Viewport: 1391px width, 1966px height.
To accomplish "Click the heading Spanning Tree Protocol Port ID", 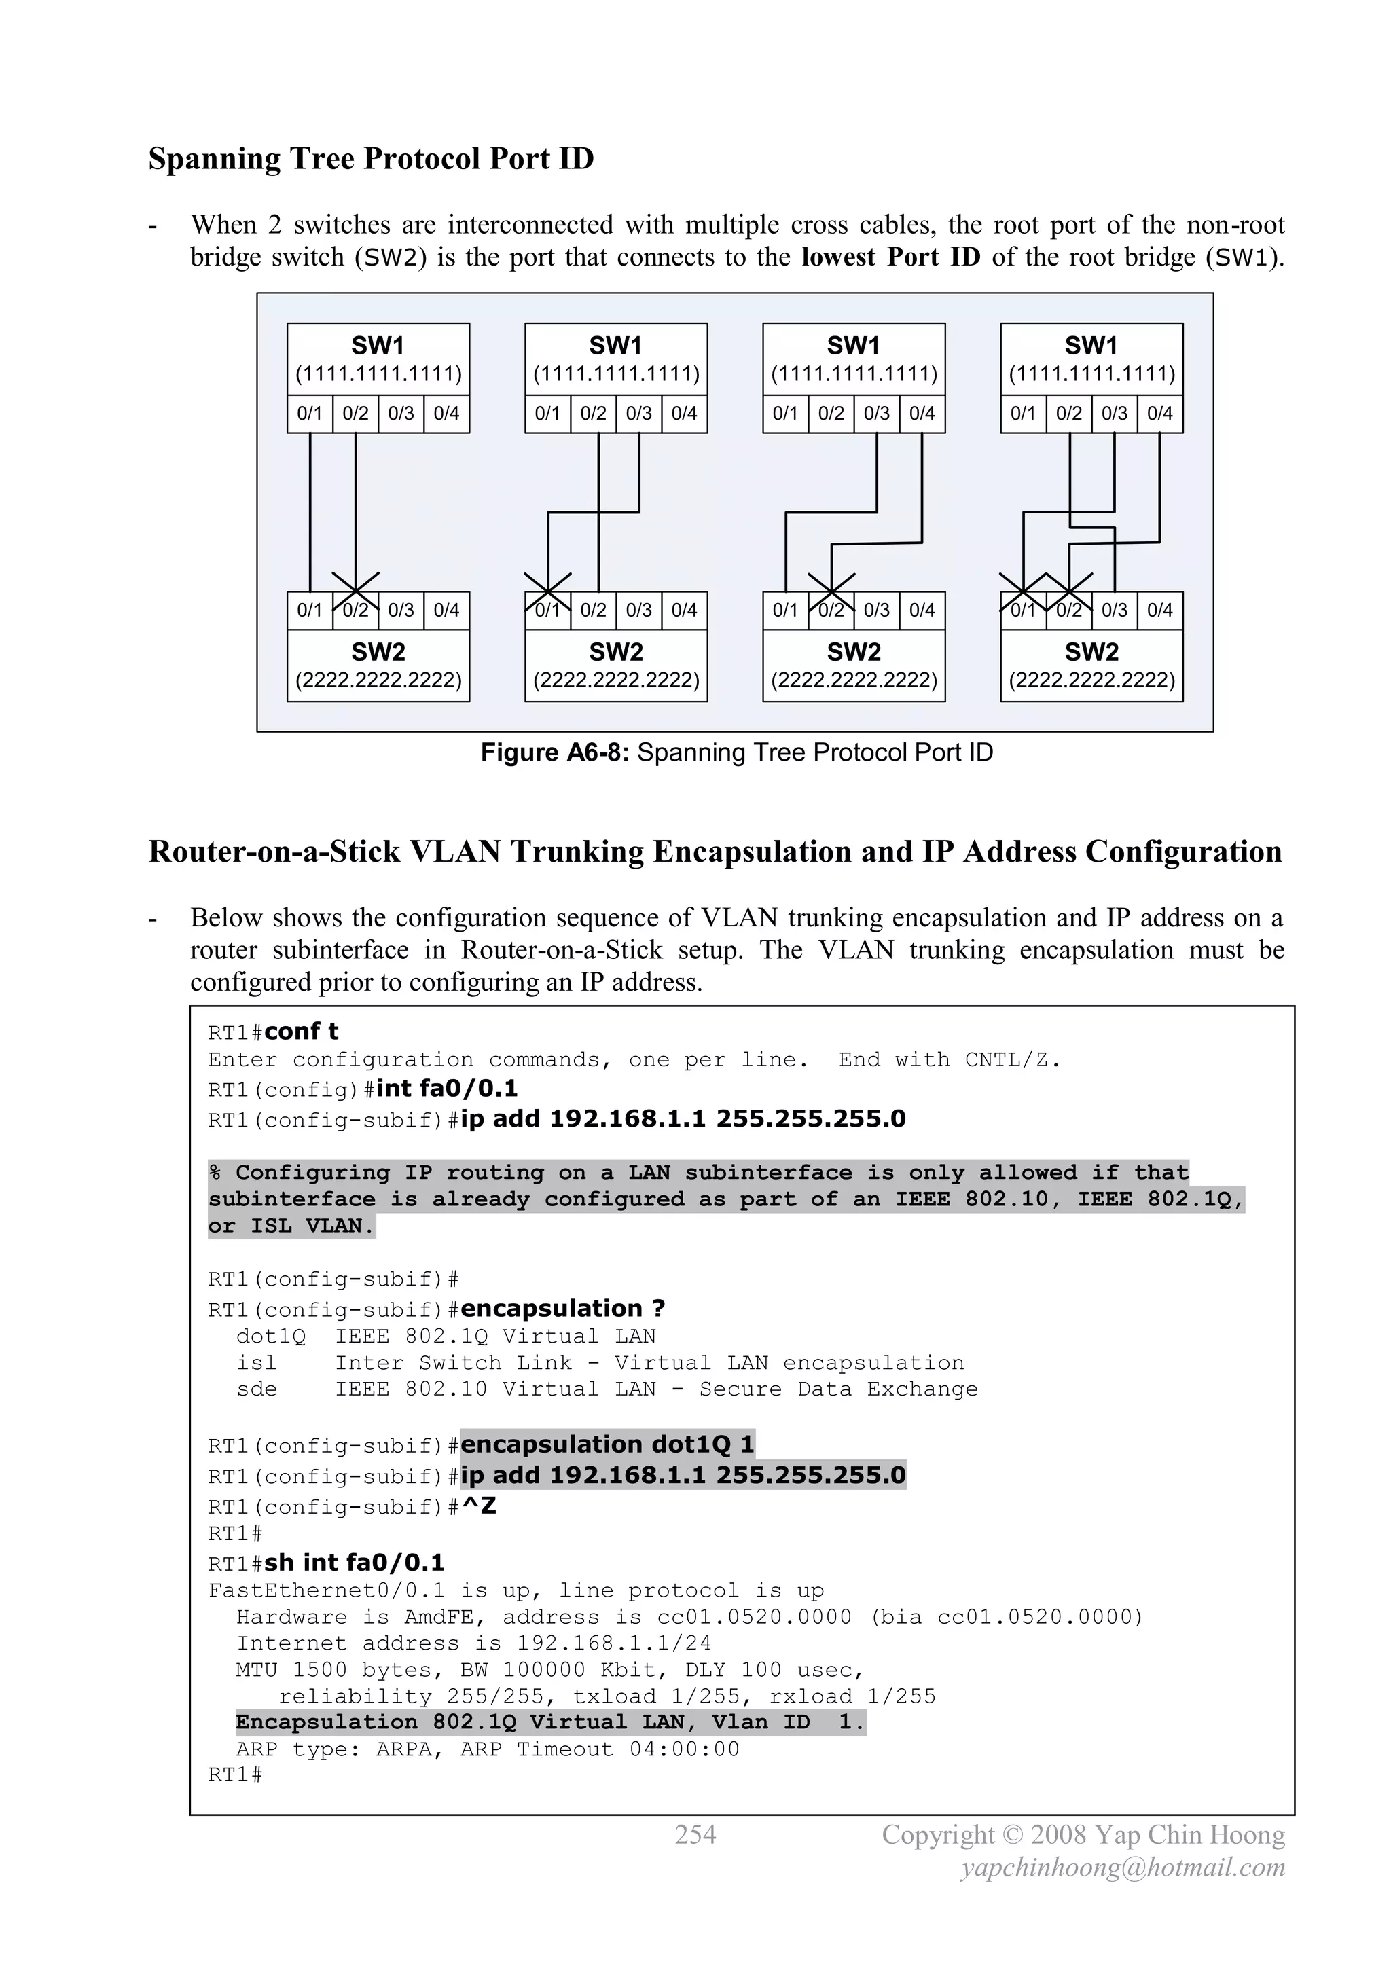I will pos(371,160).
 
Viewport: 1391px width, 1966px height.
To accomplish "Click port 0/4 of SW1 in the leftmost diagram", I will pos(446,414).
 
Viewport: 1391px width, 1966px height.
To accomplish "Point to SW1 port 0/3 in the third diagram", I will pos(876,414).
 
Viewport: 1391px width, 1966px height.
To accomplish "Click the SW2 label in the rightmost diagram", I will pos(1091,653).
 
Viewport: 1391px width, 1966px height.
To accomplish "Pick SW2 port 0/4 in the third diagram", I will pos(922,611).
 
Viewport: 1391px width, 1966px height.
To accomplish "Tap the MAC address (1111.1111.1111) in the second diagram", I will pos(616,374).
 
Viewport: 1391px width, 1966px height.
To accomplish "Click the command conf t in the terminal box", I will pos(302,1032).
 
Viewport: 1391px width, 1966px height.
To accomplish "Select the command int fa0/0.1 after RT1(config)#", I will pos(447,1089).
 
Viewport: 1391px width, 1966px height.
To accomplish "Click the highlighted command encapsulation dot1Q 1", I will pos(607,1445).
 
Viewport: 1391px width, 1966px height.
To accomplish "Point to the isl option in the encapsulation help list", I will pos(256,1363).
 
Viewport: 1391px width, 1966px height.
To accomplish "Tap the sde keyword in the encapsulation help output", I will pos(256,1389).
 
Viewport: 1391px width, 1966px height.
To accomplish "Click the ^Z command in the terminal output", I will pos(479,1506).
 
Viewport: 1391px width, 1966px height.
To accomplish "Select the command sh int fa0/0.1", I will pos(354,1563).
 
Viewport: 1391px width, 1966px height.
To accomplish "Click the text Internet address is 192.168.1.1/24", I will pos(473,1644).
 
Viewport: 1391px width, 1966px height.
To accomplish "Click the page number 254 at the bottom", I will pos(695,1835).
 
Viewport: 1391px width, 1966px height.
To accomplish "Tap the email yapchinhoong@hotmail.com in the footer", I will pos(1123,1868).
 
